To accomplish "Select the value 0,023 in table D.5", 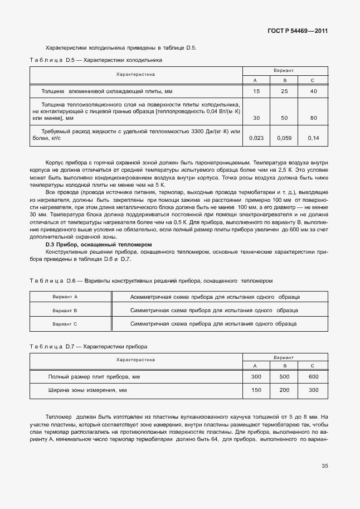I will [x=256, y=138].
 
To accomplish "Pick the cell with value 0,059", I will [x=285, y=138].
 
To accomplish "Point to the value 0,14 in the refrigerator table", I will [x=313, y=138].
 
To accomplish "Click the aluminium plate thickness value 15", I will [x=256, y=91].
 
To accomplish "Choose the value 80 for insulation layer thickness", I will [x=313, y=118].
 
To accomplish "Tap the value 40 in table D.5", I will [x=313, y=91].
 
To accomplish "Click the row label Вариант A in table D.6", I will [x=65, y=297].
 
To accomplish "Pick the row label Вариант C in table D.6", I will [x=65, y=324].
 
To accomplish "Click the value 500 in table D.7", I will [x=285, y=377].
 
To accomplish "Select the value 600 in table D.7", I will [x=313, y=377].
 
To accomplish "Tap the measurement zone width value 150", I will [x=256, y=390].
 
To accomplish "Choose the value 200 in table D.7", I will [x=285, y=390].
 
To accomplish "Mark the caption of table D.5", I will [x=95, y=59].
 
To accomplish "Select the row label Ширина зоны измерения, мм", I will [x=87, y=390].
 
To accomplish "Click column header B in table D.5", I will [x=285, y=80].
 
